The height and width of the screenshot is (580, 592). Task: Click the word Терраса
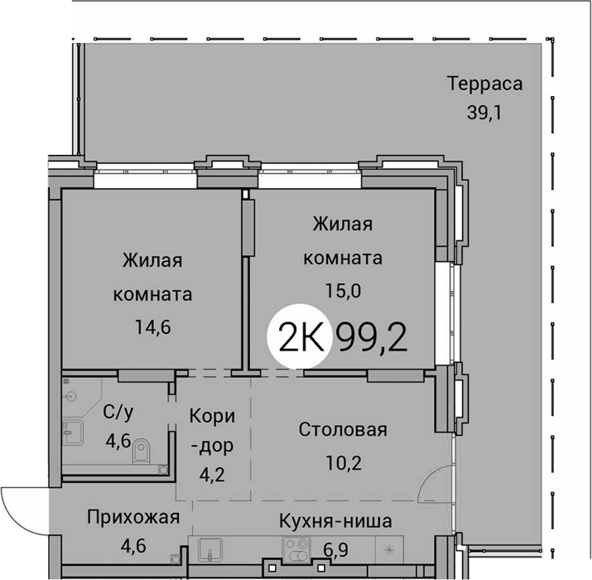[x=485, y=84]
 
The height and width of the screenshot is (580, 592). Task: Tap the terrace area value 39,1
[x=484, y=112]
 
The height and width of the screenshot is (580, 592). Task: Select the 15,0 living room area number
[x=343, y=291]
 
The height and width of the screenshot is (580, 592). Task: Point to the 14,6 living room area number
[x=153, y=327]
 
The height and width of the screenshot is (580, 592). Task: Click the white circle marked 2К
[x=300, y=336]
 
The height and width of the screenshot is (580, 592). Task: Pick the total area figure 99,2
[x=373, y=339]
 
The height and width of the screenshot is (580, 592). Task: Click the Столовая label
[x=343, y=430]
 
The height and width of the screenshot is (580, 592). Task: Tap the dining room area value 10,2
[x=344, y=463]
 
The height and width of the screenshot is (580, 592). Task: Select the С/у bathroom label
[x=118, y=413]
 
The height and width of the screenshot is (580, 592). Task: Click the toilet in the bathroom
[x=142, y=451]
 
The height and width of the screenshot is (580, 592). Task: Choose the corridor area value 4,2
[x=212, y=474]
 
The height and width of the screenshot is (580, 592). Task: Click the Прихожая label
[x=133, y=517]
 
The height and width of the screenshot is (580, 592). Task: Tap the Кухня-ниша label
[x=335, y=521]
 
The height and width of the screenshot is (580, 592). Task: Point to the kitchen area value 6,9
[x=336, y=550]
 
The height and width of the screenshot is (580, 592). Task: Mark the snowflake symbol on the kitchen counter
[x=389, y=550]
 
